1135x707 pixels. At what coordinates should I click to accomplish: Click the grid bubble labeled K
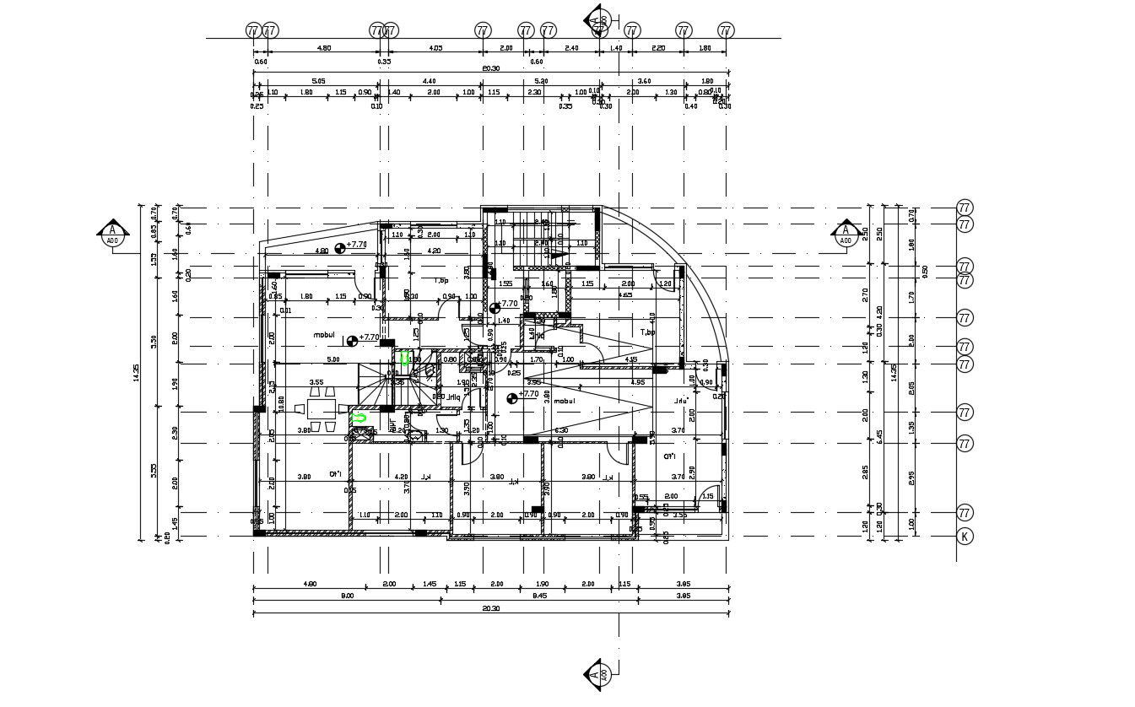point(965,536)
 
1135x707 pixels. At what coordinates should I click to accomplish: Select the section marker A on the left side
point(112,234)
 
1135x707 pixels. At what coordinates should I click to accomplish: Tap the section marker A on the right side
point(845,234)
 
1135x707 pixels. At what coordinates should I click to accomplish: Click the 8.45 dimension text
point(540,596)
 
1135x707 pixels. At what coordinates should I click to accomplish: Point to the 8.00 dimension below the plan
point(347,596)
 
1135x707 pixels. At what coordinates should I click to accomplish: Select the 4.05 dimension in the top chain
point(436,48)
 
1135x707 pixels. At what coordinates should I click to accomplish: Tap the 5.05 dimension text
point(318,81)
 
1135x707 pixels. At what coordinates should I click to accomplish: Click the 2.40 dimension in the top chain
point(571,48)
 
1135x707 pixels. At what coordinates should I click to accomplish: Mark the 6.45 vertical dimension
point(879,435)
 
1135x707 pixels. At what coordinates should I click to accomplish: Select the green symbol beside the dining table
point(359,417)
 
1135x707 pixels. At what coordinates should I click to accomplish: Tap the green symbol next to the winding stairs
point(405,359)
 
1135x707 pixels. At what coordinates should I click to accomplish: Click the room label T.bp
point(440,280)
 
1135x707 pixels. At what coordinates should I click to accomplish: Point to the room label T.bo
point(647,332)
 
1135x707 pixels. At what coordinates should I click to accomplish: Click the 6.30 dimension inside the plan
point(560,430)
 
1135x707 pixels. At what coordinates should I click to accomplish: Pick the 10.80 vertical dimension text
point(281,403)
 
